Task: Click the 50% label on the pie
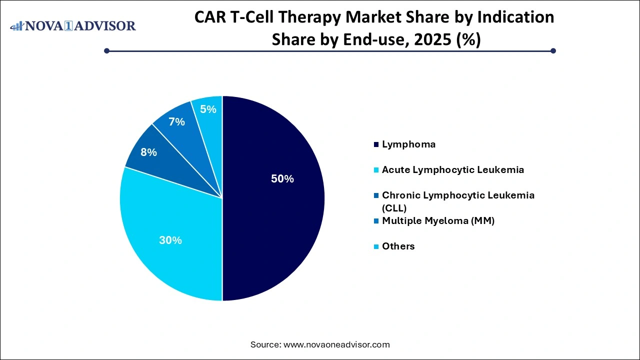pos(282,179)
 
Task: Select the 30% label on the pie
pos(170,240)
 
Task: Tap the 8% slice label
pos(148,152)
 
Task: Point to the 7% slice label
pos(176,121)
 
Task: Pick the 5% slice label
pos(208,108)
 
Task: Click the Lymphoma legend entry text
pos(408,144)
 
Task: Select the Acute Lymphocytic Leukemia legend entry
pos(452,170)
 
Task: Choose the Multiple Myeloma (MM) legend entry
pos(438,220)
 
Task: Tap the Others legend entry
pos(398,246)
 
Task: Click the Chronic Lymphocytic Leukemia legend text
pos(458,195)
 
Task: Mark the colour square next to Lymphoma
pos(375,145)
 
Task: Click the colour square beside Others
pos(375,246)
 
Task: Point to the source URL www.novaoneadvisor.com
pos(336,344)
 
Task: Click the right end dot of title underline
pos(553,50)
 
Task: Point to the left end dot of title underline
pos(106,50)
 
